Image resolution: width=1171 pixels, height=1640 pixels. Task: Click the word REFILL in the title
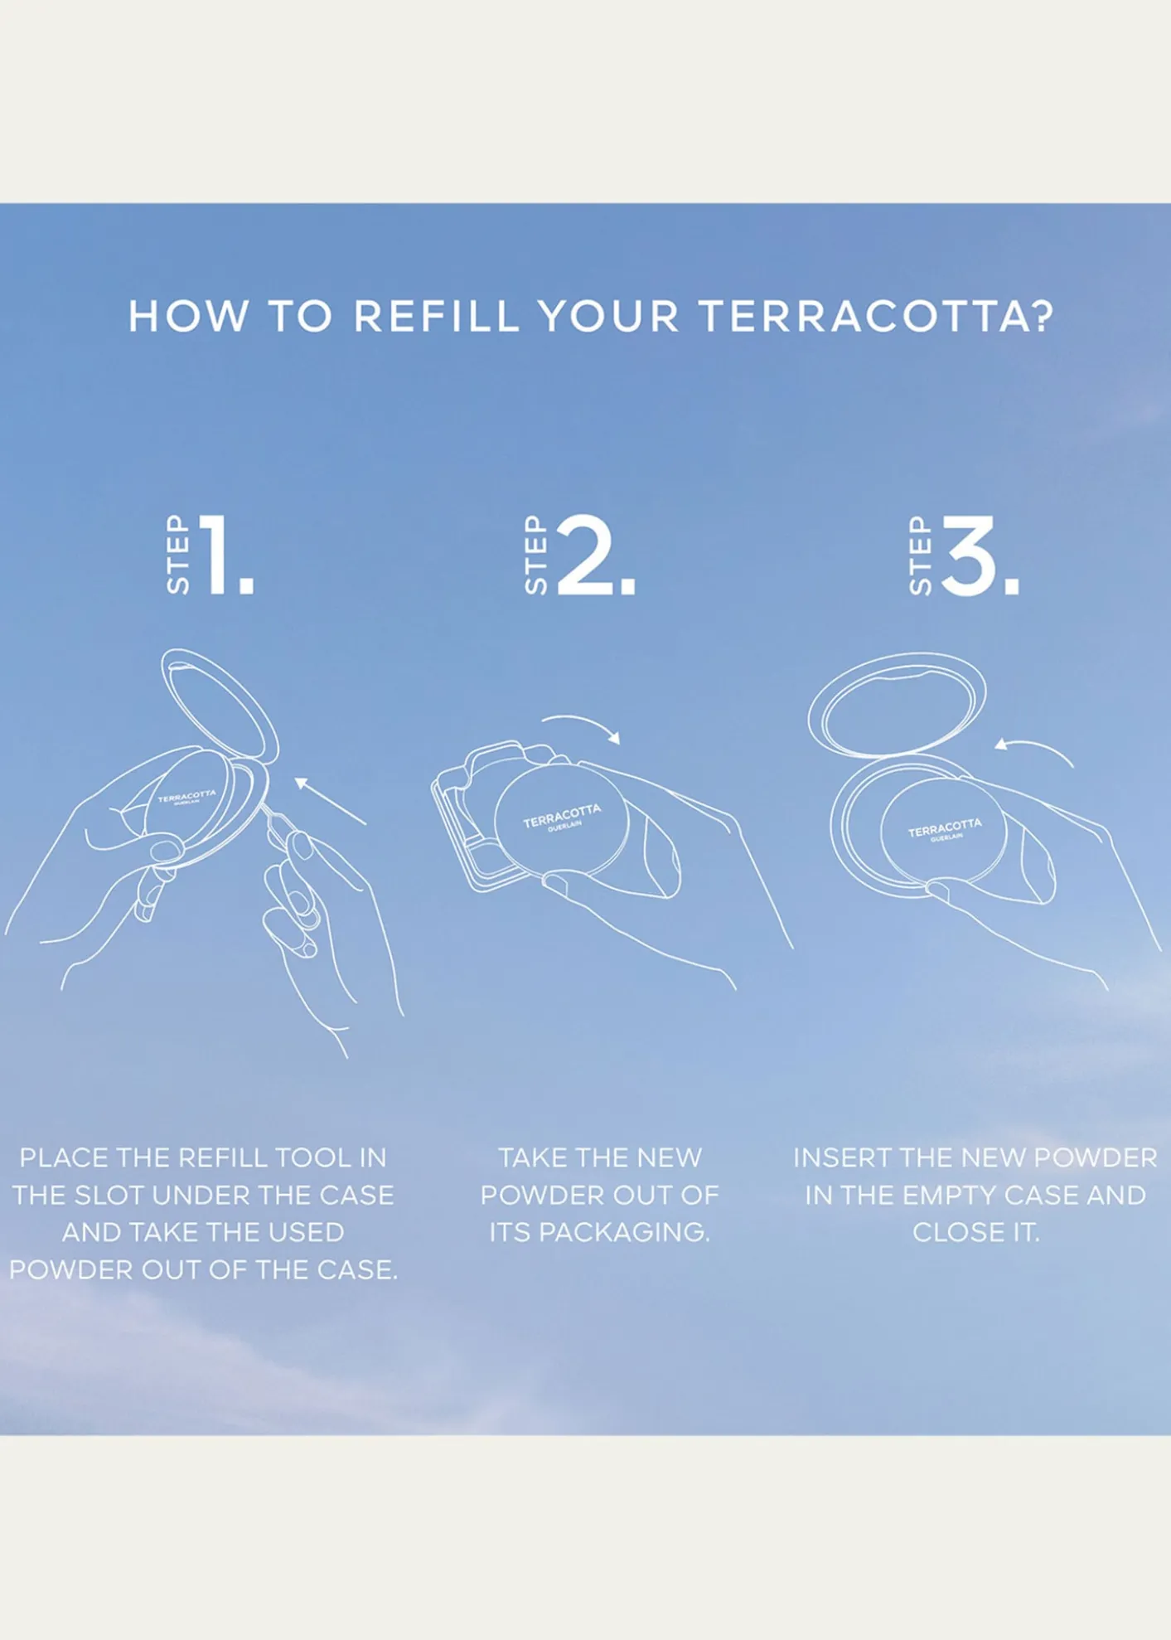click(437, 316)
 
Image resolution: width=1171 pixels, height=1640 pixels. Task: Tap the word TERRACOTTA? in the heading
click(876, 316)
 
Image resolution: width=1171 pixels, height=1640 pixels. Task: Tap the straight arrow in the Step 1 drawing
click(330, 800)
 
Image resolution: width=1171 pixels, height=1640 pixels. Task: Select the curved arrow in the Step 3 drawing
click(1036, 747)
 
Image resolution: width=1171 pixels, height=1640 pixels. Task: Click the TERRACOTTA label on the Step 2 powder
click(562, 815)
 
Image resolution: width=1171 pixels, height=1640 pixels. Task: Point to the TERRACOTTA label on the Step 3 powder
click(945, 827)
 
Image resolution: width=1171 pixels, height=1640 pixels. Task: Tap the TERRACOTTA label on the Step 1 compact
click(186, 796)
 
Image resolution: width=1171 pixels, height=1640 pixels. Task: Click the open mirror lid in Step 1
click(220, 705)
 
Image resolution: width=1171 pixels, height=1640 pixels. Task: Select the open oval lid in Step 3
click(898, 704)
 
